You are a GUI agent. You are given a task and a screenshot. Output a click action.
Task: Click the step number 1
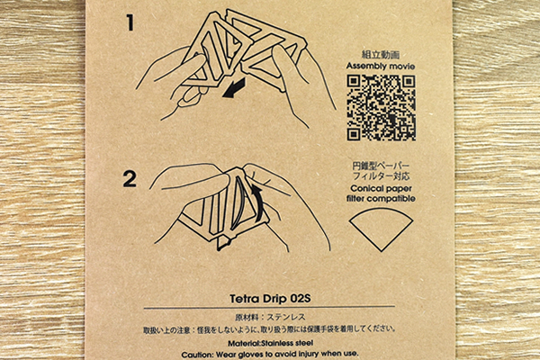coord(130,23)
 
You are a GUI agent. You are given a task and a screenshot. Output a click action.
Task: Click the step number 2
coord(130,179)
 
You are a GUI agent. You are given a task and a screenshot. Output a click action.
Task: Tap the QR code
coord(381,108)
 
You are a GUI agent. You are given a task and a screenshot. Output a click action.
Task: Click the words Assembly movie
coord(381,66)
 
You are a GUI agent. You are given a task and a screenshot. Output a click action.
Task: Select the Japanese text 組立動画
coord(381,55)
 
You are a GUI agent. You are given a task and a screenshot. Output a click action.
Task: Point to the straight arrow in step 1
coord(234,88)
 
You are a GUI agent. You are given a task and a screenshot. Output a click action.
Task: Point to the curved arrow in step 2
coord(256,202)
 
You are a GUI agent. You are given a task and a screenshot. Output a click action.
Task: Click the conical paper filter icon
coord(381,229)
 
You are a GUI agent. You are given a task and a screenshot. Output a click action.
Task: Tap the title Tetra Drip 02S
coord(270,298)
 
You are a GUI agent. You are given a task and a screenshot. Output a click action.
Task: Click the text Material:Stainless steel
coord(270,343)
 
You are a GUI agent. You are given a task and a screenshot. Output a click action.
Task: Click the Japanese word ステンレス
coord(286,318)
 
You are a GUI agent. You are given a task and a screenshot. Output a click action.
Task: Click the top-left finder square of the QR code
coord(354,82)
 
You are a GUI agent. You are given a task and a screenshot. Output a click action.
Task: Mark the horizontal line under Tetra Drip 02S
coord(269,307)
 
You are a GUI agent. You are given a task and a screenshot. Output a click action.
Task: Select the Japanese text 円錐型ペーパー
coord(381,166)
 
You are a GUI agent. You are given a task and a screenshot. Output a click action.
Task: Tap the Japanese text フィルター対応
coord(381,176)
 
